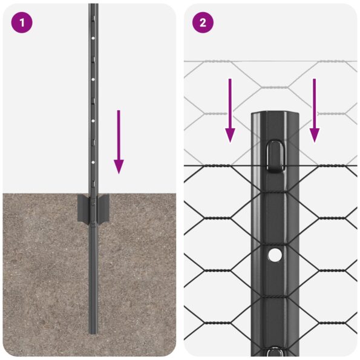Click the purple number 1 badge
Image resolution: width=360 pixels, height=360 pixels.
pyautogui.click(x=21, y=23)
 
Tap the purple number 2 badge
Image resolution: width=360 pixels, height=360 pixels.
pyautogui.click(x=203, y=23)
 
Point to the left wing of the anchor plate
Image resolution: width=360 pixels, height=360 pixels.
pyautogui.click(x=82, y=209)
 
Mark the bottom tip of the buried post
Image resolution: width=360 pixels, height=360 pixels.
pyautogui.click(x=93, y=331)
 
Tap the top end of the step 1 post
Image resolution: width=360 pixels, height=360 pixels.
pyautogui.click(x=93, y=5)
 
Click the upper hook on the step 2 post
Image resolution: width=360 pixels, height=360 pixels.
pyautogui.click(x=275, y=155)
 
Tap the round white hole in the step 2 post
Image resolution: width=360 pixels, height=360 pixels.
pyautogui.click(x=275, y=255)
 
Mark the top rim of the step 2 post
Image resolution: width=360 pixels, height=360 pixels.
pyautogui.click(x=275, y=113)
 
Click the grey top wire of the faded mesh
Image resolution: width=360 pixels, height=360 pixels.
pyautogui.click(x=218, y=61)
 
